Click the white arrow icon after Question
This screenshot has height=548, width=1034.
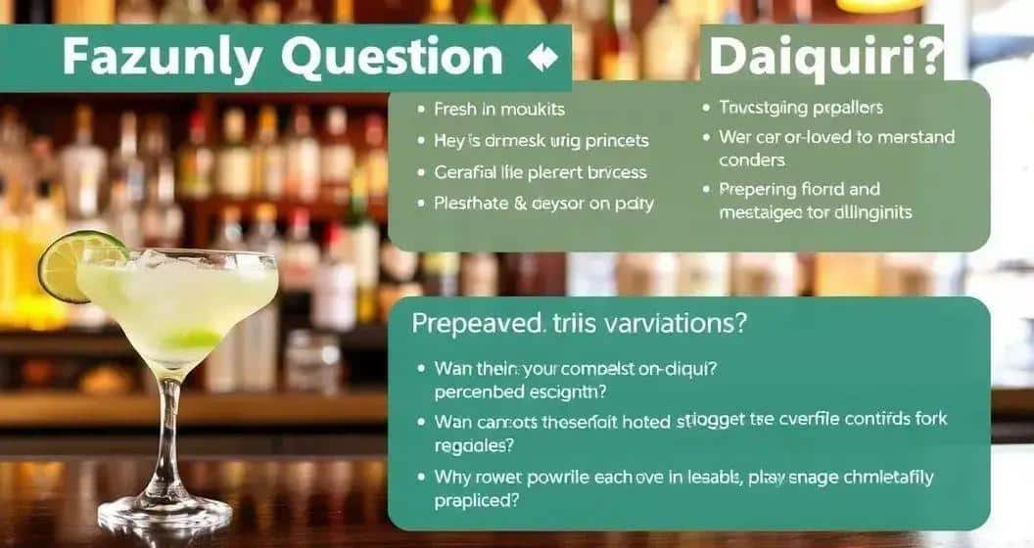[x=540, y=59]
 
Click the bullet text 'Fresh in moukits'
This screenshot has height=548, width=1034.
[x=499, y=110]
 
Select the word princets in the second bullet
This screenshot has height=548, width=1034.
[x=611, y=141]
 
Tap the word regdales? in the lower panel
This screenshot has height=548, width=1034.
[x=475, y=443]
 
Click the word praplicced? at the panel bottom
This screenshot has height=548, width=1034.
[x=476, y=499]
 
